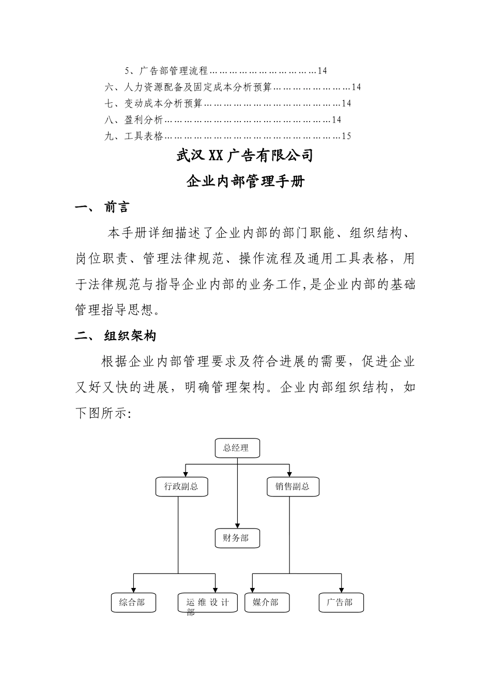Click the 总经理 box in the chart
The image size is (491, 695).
coord(237,448)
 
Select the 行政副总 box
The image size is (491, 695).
coord(181,487)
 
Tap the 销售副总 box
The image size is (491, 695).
coord(293,487)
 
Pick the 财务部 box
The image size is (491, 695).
coord(237,538)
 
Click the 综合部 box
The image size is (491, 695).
coord(133,602)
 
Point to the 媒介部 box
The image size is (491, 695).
coord(267,602)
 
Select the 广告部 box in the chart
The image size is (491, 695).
coord(341,602)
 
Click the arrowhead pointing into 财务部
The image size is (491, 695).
coord(237,525)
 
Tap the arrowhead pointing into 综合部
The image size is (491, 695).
coord(134,590)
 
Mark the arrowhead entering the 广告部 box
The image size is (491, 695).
coord(341,590)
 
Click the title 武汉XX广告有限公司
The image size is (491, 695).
coord(245,155)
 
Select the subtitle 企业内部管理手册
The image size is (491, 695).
coord(245,182)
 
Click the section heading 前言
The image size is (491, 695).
coord(117,208)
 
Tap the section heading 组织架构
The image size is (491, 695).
coord(130,336)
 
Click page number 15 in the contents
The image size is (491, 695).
coord(346,137)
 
